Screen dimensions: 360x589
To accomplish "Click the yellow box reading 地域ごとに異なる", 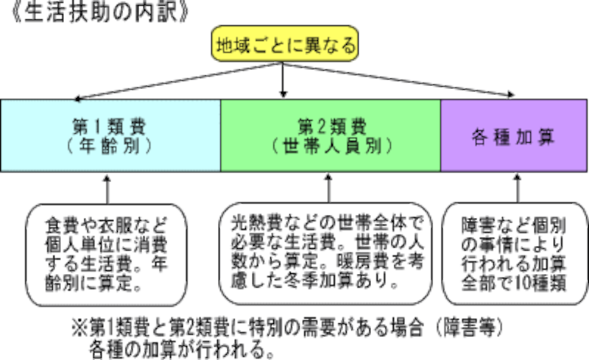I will (285, 45).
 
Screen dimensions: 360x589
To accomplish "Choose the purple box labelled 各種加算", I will (514, 135).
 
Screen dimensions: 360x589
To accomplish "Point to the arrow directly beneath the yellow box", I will (283, 91).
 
